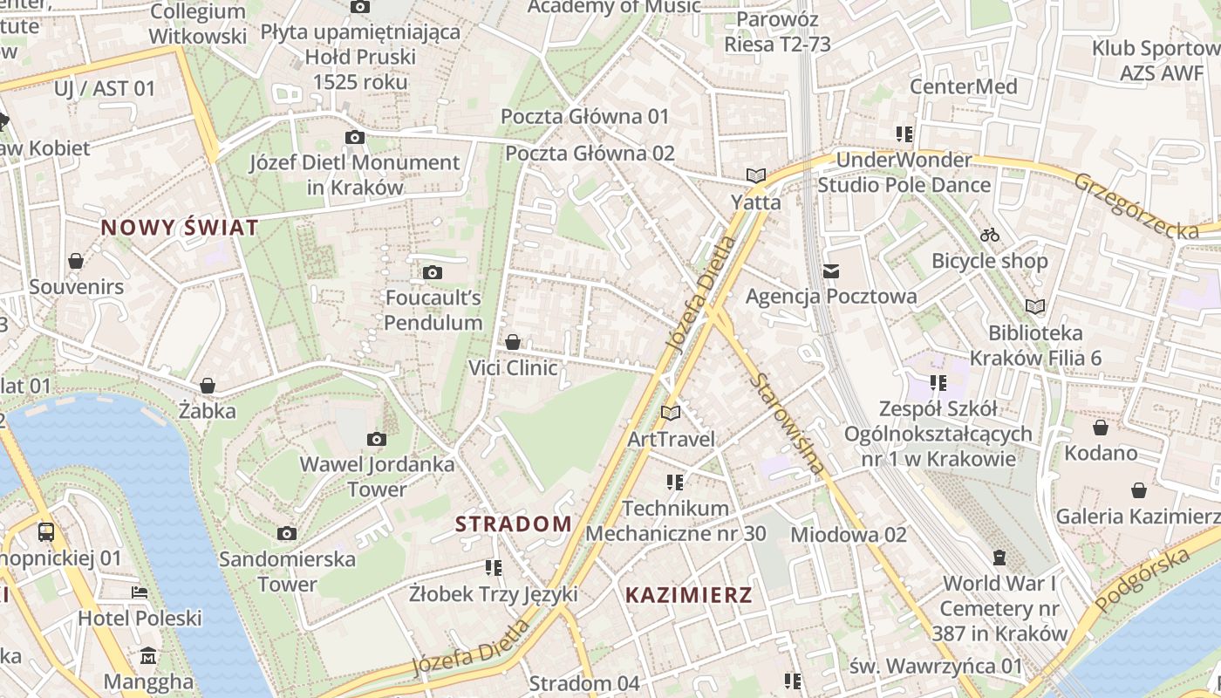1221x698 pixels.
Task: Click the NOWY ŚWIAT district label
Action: (x=180, y=228)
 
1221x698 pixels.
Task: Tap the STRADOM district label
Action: (x=514, y=524)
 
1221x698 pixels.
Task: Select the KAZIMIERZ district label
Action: (x=689, y=596)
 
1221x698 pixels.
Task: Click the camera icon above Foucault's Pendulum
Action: (x=432, y=273)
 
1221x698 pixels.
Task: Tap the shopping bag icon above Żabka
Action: (x=208, y=386)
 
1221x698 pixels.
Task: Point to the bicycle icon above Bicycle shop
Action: (x=990, y=235)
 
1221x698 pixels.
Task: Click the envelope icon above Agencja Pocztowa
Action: (x=831, y=271)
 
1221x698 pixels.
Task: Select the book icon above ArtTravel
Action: (x=671, y=413)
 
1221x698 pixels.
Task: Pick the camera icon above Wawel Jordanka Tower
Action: (x=377, y=439)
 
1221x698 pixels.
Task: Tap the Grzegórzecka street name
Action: (x=1136, y=206)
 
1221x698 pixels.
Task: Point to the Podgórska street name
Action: (x=1143, y=579)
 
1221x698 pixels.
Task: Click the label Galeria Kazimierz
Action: (x=1138, y=517)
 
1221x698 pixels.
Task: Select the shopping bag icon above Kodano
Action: (x=1101, y=428)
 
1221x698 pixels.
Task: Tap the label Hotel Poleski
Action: (x=140, y=619)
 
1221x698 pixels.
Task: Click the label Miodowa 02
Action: (x=849, y=534)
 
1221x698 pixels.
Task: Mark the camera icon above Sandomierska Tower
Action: (x=287, y=533)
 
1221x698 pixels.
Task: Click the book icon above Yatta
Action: (x=756, y=176)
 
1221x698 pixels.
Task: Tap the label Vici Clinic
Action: (x=513, y=367)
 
